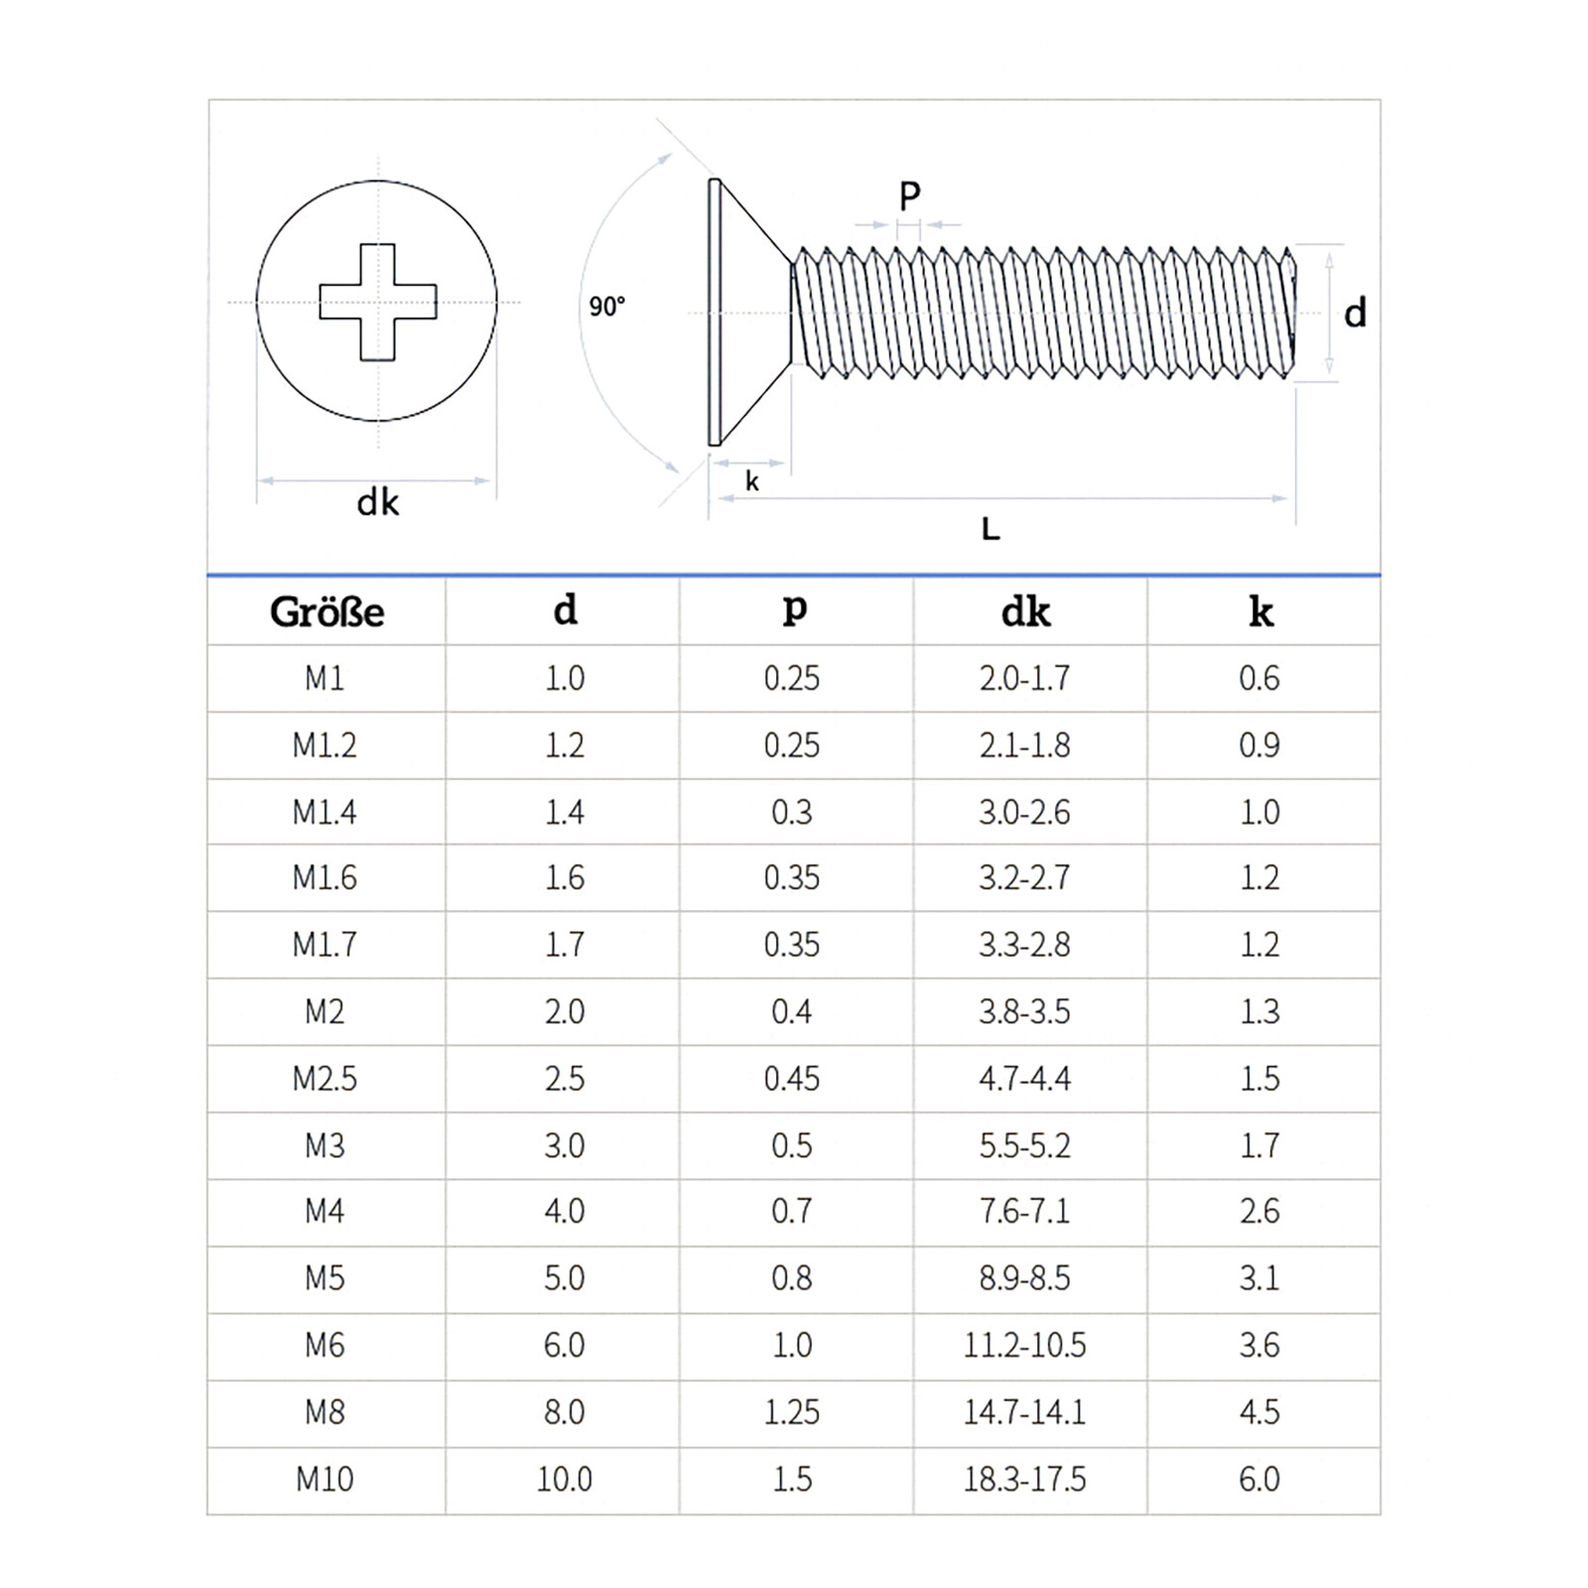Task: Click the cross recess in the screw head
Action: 377,302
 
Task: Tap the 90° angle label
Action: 606,307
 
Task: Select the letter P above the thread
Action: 909,196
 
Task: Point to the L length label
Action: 991,529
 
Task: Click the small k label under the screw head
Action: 752,481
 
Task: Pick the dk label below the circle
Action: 377,502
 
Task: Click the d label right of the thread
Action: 1355,313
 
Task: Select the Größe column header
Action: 327,611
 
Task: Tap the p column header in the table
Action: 794,608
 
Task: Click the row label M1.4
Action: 325,812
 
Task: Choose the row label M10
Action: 325,1479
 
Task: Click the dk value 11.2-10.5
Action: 1024,1345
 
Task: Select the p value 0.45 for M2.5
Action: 792,1079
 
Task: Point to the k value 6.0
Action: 1259,1479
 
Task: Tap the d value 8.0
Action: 564,1411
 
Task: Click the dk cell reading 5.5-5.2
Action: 1024,1145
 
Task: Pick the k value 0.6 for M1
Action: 1259,678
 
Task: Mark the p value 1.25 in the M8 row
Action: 792,1411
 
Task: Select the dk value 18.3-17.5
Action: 1024,1479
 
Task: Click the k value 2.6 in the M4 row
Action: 1259,1211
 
